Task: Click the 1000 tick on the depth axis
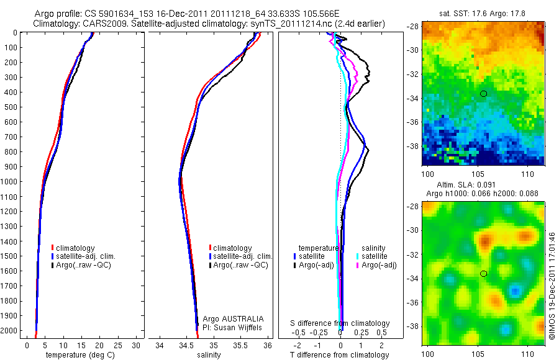[x=9, y=182]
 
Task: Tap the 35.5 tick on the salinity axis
[x=240, y=344]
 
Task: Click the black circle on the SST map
[x=483, y=93]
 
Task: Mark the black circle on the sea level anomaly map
[x=483, y=274]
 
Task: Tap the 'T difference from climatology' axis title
[x=339, y=355]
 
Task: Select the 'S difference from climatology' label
[x=340, y=323]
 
